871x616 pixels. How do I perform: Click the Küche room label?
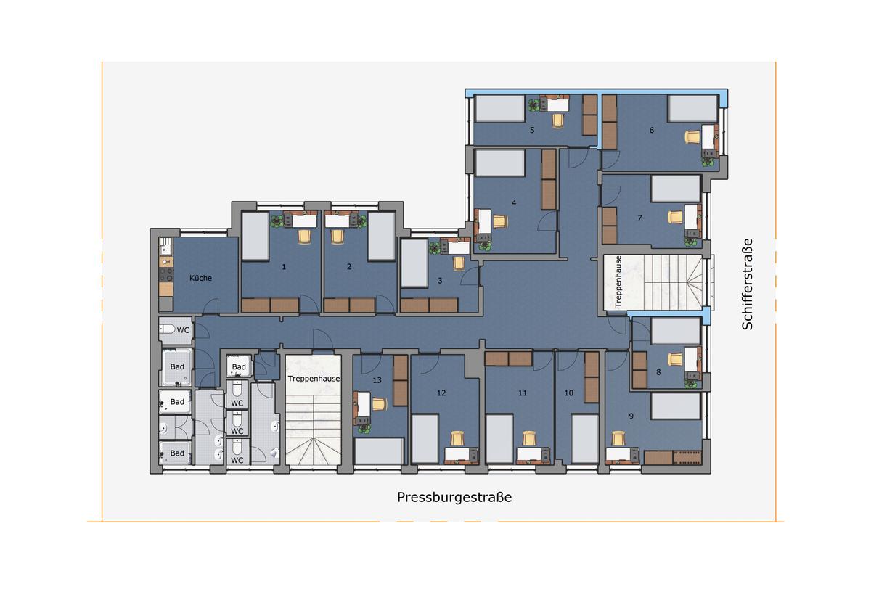(x=200, y=278)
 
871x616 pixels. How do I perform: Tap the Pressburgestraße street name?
(x=454, y=498)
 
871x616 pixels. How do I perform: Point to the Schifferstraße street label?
(x=748, y=284)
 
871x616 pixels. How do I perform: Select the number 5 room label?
(x=532, y=130)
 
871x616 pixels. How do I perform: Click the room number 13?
(x=377, y=380)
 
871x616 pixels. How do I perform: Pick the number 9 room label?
(x=631, y=416)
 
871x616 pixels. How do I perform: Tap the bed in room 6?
(x=693, y=108)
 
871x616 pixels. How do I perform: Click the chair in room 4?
(x=500, y=221)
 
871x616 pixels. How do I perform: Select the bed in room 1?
(x=255, y=237)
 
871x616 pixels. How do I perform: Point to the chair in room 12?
(x=457, y=439)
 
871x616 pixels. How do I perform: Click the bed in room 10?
(x=585, y=439)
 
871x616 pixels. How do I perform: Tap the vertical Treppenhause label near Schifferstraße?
(x=618, y=282)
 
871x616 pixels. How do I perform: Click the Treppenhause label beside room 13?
(x=314, y=379)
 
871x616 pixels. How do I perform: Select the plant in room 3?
(x=434, y=247)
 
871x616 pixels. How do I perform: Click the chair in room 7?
(x=676, y=217)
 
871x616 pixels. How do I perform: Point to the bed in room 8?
(x=676, y=331)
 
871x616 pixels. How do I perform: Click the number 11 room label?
(x=523, y=393)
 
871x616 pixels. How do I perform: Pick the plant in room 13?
(x=364, y=429)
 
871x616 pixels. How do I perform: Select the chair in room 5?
(x=558, y=120)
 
